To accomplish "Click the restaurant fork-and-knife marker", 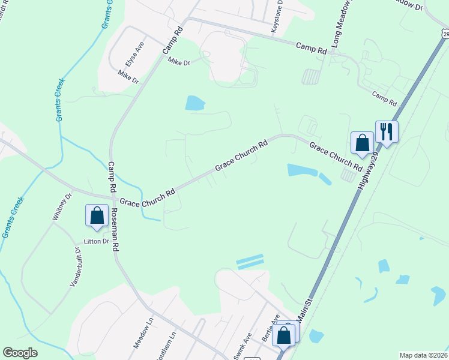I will click(387, 131).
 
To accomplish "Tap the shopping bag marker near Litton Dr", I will click(97, 215).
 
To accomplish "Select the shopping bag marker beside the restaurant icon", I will click(362, 143).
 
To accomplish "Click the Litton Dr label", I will click(96, 242).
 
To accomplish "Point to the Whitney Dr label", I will click(62, 206).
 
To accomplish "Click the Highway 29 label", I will click(368, 171).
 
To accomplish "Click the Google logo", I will click(20, 353).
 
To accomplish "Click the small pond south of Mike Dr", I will click(194, 103).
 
